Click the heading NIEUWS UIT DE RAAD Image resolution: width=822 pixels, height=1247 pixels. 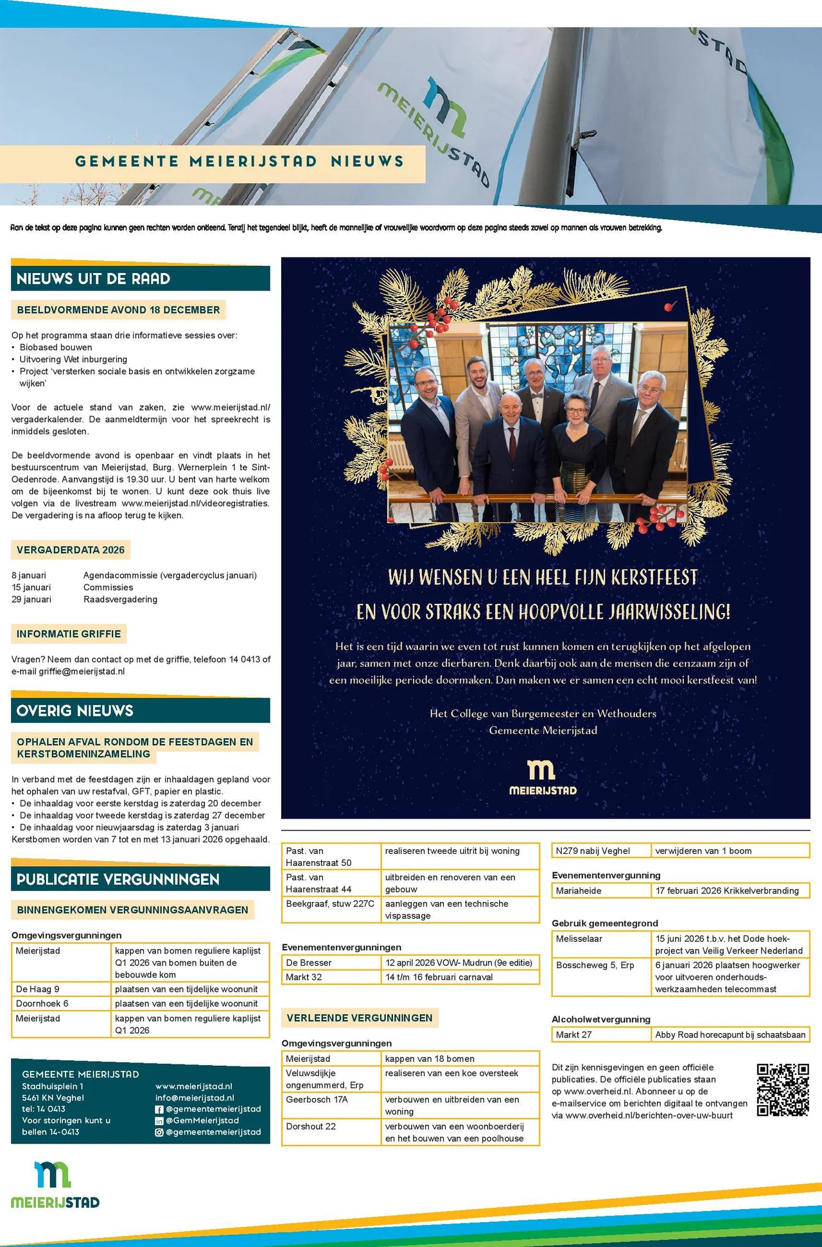94,279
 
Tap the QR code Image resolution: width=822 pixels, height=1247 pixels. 782,1090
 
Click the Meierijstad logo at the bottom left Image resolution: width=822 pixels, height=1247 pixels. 55,1185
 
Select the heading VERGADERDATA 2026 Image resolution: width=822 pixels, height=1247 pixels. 71,550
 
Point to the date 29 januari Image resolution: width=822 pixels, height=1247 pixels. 31,599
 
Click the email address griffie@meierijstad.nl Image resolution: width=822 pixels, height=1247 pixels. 82,671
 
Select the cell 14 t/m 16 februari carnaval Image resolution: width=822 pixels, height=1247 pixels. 439,977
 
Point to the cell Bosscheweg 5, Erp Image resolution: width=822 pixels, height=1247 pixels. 595,965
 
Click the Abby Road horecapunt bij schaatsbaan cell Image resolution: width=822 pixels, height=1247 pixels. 730,1034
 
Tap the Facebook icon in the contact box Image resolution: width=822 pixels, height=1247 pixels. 159,1110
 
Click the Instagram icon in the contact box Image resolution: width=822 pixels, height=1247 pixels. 159,1132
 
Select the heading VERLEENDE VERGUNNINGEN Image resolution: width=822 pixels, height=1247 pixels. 360,1018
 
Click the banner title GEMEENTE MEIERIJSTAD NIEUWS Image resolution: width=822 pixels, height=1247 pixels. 240,161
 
